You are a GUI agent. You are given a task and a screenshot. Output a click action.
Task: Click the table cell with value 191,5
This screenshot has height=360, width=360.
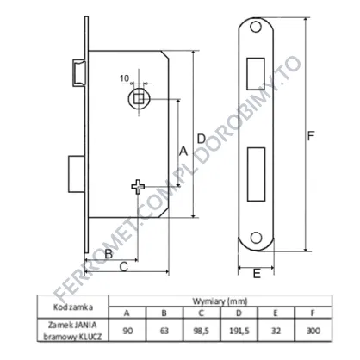point(239,330)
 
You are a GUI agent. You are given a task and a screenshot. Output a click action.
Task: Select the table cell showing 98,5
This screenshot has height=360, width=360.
point(202,330)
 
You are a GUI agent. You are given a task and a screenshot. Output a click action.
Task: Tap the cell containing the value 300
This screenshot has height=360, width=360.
point(313,330)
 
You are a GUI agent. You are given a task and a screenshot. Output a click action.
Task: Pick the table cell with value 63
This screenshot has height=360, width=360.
point(164,330)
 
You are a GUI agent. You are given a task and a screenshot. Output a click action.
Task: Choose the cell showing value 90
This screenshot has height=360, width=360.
point(127,330)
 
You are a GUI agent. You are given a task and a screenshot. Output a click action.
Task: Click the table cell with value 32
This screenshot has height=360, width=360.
point(276,330)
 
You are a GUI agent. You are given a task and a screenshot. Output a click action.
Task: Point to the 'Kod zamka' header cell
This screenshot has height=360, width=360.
point(73,307)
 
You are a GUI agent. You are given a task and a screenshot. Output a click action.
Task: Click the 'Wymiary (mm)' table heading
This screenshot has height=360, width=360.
point(220,301)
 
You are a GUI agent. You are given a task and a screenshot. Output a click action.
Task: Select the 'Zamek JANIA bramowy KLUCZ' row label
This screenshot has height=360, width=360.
point(73,330)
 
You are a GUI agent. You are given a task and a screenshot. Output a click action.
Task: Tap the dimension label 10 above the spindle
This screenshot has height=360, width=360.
point(124,78)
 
